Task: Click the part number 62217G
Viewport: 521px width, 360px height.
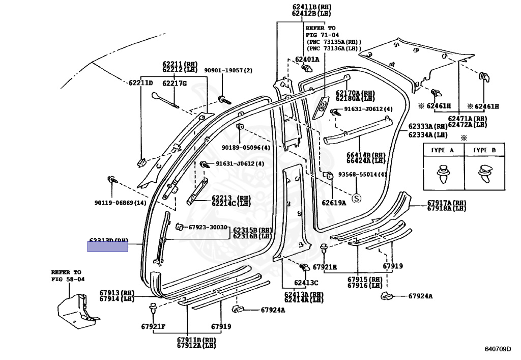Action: pos(175,83)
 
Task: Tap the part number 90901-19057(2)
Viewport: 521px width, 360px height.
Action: pos(228,70)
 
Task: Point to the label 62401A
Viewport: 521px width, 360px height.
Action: pos(307,59)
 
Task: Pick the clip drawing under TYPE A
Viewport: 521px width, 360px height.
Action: pos(442,174)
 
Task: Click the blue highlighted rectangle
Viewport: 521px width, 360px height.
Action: pos(107,247)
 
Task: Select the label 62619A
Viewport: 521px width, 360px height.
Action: pos(333,203)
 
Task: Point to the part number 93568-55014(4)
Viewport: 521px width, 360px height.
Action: pos(362,174)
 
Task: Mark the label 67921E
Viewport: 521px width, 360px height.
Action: pos(325,267)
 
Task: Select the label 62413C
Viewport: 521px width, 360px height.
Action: pos(306,283)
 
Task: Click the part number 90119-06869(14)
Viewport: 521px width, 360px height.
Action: pos(120,203)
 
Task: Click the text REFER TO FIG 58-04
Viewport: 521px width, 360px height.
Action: pos(68,276)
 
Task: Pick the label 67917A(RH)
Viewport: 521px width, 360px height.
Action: pos(446,202)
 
